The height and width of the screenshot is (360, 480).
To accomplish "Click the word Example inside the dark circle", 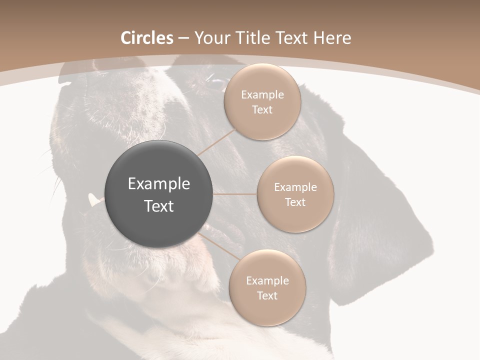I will tap(158, 184).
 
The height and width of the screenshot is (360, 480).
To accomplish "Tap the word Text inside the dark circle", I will tap(158, 206).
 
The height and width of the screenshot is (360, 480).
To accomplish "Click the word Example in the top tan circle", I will tap(262, 95).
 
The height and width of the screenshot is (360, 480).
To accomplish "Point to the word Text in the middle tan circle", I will tap(295, 202).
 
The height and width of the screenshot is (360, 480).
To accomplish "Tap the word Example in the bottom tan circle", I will tap(267, 281).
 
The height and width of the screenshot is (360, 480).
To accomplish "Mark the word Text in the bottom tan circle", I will tap(267, 296).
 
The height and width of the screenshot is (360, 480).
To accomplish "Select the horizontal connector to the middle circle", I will tap(235, 194).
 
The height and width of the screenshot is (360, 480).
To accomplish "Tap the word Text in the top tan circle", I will tap(262, 110).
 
